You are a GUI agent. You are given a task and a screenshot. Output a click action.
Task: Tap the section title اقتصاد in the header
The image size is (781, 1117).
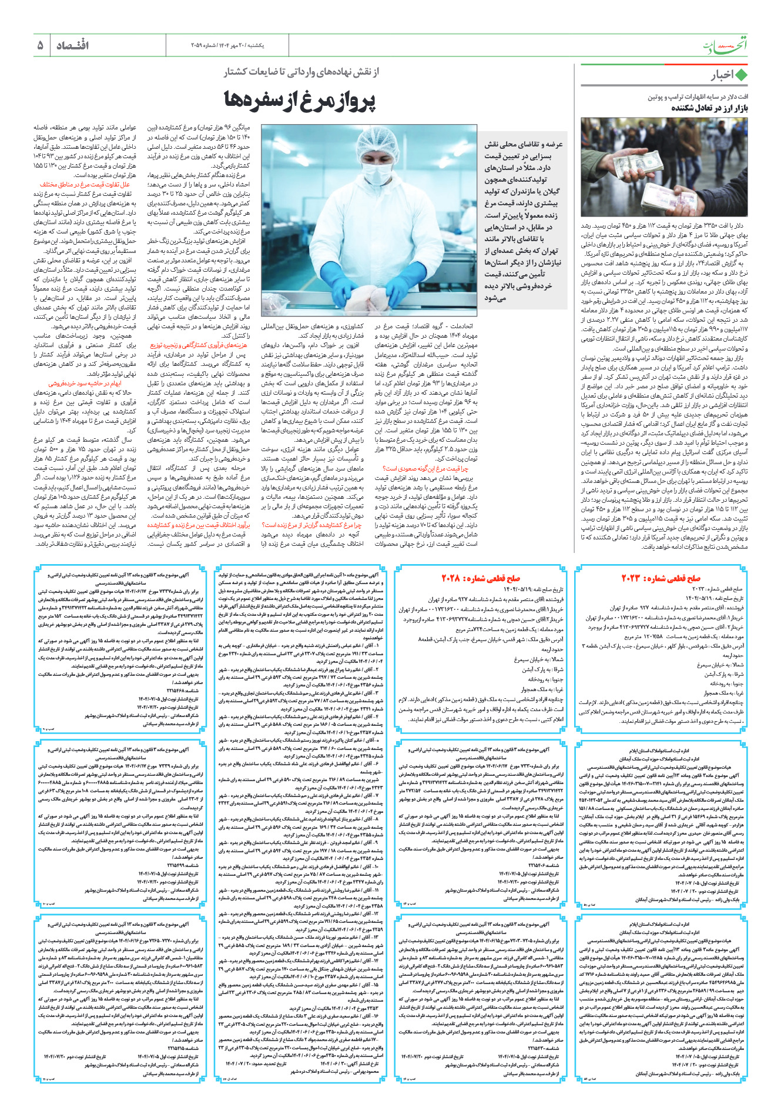click(72, 45)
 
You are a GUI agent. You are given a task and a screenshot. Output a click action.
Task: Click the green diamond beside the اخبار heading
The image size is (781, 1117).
click(741, 75)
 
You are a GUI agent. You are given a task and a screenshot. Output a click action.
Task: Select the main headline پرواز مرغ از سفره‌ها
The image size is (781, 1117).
click(299, 101)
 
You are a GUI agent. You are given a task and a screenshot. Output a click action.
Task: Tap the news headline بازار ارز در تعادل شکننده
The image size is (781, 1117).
click(709, 108)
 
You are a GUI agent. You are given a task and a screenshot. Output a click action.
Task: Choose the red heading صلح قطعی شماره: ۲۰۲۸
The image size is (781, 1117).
click(480, 578)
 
